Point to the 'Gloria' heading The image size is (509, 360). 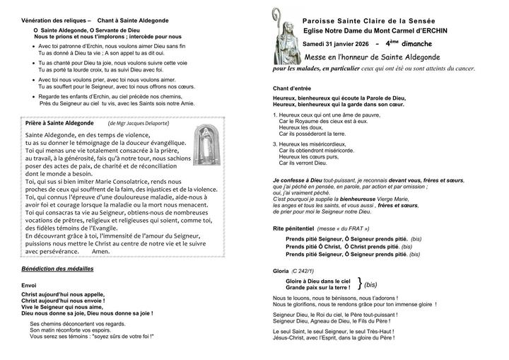point(281,271)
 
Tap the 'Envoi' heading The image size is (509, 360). point(29,285)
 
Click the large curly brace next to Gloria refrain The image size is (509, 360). point(360,284)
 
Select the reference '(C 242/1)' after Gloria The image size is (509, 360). point(306,271)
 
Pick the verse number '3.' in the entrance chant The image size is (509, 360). point(275,144)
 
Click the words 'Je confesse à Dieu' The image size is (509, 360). point(297,180)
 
